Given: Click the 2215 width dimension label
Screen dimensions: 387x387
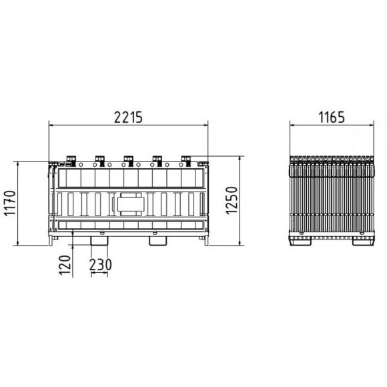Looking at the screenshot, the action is tap(128, 117).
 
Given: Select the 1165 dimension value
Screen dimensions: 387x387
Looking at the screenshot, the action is tap(332, 117).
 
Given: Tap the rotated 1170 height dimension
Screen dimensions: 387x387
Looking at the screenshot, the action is tap(11, 204).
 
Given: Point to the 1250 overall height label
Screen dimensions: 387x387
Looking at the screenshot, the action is tap(232, 200).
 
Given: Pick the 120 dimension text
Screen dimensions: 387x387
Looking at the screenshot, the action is tap(65, 266).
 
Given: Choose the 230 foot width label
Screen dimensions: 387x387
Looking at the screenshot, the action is tap(101, 264).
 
